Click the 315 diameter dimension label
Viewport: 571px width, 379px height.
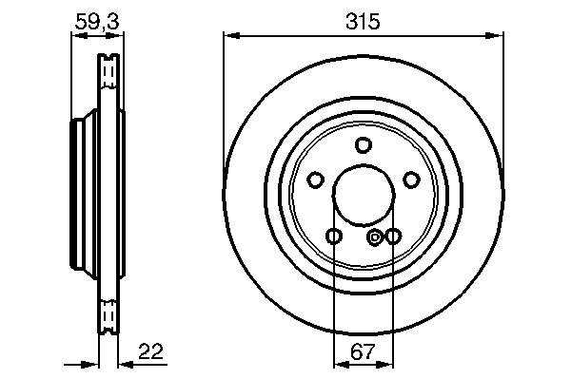pos(363,22)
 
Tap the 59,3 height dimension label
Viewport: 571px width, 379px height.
pos(97,22)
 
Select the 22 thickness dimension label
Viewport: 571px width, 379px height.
pos(151,351)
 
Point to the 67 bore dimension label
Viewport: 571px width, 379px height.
pos(363,351)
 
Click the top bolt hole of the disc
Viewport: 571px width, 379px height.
pos(364,145)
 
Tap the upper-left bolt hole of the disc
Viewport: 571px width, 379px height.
pos(315,180)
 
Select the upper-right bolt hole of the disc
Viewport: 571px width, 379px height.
pos(411,180)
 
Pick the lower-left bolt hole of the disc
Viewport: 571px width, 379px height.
pos(334,237)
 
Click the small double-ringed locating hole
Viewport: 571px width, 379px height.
pos(374,237)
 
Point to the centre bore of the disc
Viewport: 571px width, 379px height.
pos(364,195)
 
